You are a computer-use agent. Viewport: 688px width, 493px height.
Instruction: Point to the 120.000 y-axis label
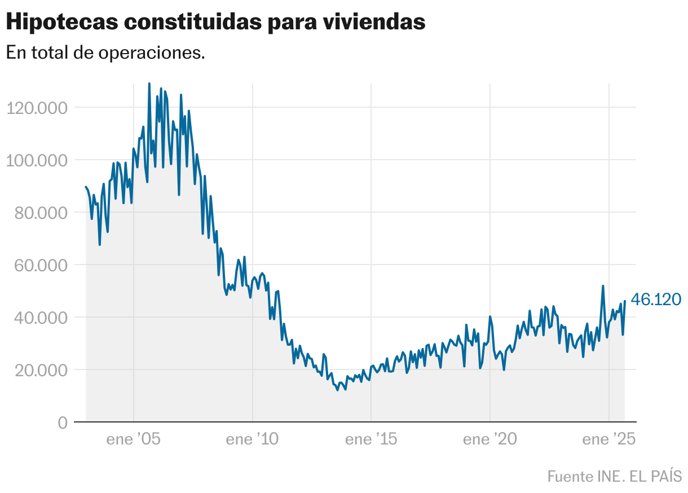tap(36, 108)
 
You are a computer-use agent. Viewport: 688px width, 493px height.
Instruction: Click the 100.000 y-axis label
tap(36, 160)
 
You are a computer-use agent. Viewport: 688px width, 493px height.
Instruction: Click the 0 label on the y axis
tap(62, 422)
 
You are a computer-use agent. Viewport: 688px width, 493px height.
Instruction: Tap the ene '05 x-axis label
tap(134, 439)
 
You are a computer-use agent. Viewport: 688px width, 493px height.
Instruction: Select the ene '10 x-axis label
tap(252, 439)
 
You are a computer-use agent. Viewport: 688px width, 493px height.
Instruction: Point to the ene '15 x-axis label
tap(371, 439)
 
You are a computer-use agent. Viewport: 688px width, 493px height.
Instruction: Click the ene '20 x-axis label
tap(490, 439)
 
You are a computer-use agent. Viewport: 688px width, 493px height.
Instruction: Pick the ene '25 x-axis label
tap(609, 439)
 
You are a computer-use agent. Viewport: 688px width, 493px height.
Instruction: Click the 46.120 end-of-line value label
tap(656, 300)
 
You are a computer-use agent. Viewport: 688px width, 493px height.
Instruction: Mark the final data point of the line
tap(625, 301)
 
